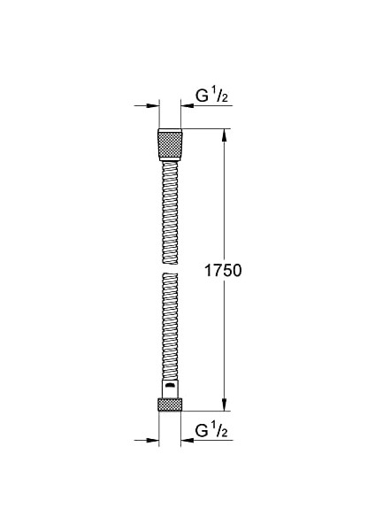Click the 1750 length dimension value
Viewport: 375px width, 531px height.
(x=224, y=270)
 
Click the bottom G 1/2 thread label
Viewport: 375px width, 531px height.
(x=212, y=432)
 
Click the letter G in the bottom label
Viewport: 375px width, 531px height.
(x=200, y=432)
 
